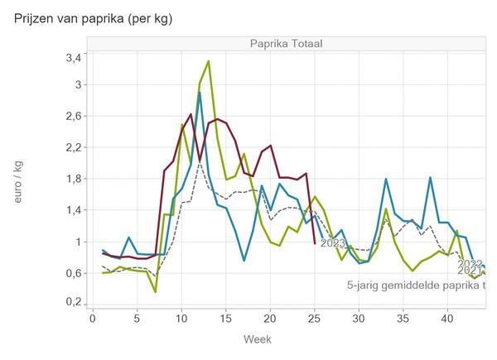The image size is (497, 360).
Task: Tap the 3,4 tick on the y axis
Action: coord(72,57)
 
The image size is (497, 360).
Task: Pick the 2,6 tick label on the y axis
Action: coord(72,116)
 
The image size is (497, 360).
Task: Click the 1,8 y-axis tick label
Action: coord(72,179)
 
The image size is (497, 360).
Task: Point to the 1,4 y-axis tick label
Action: coord(72,210)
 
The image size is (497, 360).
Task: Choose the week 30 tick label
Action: coord(359,319)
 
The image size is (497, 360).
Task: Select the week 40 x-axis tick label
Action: coord(447,319)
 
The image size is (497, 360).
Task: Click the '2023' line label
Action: coord(332,243)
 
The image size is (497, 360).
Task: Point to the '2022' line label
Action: coord(470,264)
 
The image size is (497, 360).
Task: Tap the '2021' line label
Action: coord(470,271)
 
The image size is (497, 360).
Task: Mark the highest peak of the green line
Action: coord(208,61)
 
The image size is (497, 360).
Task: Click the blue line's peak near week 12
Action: coord(200,93)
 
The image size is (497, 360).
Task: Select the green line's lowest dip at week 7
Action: coord(155,291)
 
